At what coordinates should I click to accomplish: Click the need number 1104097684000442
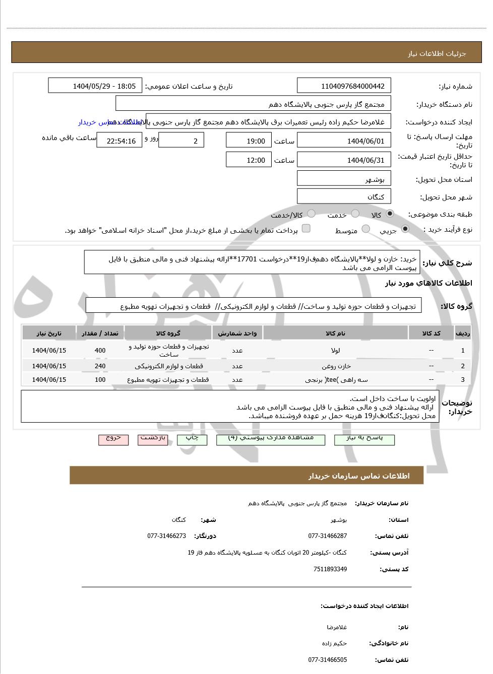344,86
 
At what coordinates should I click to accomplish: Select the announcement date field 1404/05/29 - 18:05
95,86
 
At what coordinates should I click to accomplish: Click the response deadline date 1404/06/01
344,141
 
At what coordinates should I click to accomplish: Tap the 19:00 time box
249,141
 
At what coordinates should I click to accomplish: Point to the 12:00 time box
249,160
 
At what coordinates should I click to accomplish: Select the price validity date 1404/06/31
344,160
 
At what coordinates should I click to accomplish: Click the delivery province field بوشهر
344,179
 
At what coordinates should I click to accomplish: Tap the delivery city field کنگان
344,196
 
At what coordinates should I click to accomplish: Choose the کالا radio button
390,214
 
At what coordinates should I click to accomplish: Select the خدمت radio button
355,214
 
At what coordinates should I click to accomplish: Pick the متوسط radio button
366,229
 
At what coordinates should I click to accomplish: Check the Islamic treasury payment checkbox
306,229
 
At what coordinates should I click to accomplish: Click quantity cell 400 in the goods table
100,351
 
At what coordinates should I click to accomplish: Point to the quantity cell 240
100,366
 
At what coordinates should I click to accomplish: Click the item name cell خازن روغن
336,366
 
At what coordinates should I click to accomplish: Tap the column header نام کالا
336,333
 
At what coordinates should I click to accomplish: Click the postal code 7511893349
330,569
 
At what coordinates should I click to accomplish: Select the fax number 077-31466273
167,536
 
